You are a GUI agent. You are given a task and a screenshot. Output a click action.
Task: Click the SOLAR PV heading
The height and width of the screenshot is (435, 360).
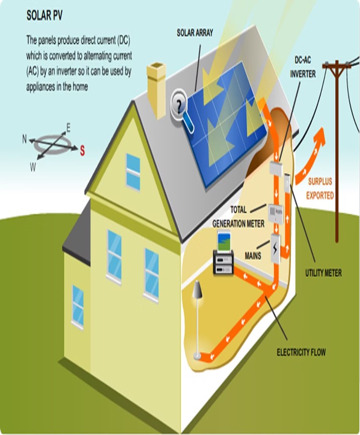click(x=44, y=16)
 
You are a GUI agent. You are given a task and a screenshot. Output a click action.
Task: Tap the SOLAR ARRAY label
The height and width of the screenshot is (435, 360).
click(x=195, y=33)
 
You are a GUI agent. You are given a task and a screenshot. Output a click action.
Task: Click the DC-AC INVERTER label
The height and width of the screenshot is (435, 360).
click(x=303, y=67)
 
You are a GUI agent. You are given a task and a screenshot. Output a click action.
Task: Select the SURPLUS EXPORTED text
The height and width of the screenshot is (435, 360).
click(x=320, y=189)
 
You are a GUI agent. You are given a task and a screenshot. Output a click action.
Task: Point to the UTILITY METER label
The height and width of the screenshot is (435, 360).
click(x=323, y=273)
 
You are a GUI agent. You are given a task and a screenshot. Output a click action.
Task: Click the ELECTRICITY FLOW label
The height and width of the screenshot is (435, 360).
click(x=301, y=352)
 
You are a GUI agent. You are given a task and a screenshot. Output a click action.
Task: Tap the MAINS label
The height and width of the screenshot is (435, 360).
click(x=253, y=255)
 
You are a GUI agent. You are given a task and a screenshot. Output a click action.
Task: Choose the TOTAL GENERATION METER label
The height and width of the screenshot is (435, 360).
click(x=239, y=216)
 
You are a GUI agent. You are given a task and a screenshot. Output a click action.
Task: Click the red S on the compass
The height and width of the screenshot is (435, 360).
click(x=83, y=151)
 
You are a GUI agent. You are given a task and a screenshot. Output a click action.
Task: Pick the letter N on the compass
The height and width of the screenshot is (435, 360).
click(x=24, y=139)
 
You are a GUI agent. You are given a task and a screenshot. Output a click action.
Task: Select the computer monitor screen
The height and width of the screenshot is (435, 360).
click(x=224, y=242)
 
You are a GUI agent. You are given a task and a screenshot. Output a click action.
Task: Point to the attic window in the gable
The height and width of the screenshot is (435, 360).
click(x=133, y=172)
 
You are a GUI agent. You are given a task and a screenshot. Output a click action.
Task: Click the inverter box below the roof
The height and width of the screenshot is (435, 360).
click(x=276, y=168)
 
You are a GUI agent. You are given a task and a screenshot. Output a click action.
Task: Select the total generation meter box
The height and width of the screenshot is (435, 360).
click(x=275, y=213)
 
